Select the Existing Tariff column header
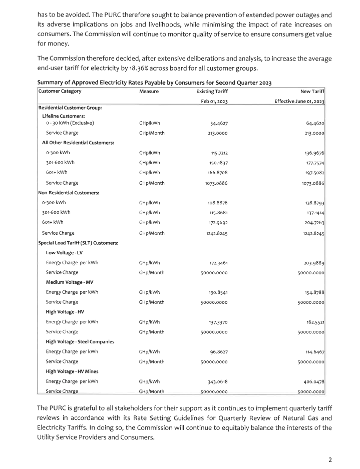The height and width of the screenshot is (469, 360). click(x=212, y=91)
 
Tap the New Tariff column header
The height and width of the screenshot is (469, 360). click(x=313, y=91)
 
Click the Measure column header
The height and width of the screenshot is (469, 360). click(x=149, y=91)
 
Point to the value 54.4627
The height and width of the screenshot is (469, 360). click(x=218, y=123)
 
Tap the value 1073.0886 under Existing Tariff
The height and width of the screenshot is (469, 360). click(x=216, y=183)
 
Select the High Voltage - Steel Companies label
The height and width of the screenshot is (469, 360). click(x=80, y=341)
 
